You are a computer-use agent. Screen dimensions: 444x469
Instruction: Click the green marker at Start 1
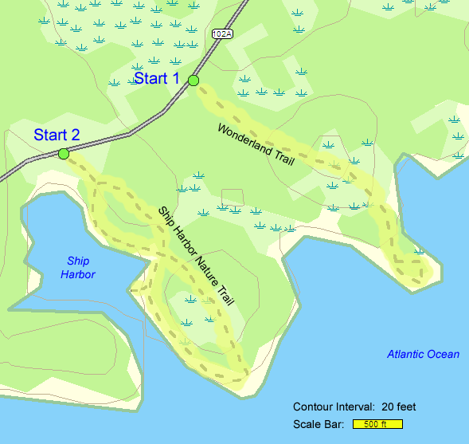pos(193,80)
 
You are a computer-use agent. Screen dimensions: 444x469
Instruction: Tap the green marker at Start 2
pos(63,153)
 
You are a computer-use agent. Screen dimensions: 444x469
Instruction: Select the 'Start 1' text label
pos(157,78)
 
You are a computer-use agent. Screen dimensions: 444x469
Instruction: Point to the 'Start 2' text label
pos(57,136)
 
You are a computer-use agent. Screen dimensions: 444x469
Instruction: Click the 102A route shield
pos(222,33)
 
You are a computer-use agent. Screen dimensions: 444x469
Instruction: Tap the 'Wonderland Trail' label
pos(255,144)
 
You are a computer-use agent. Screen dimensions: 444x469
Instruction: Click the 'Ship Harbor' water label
pos(78,268)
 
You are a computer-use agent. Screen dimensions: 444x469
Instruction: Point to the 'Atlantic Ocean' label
pos(423,354)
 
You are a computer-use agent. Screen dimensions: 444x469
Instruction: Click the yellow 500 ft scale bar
pos(377,424)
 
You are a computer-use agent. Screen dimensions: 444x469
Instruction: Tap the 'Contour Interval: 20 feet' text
pos(354,407)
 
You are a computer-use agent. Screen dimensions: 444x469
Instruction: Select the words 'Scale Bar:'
pos(319,424)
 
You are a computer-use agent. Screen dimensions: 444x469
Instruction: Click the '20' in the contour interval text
pos(388,407)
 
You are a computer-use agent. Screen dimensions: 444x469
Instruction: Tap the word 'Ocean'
pos(443,354)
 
